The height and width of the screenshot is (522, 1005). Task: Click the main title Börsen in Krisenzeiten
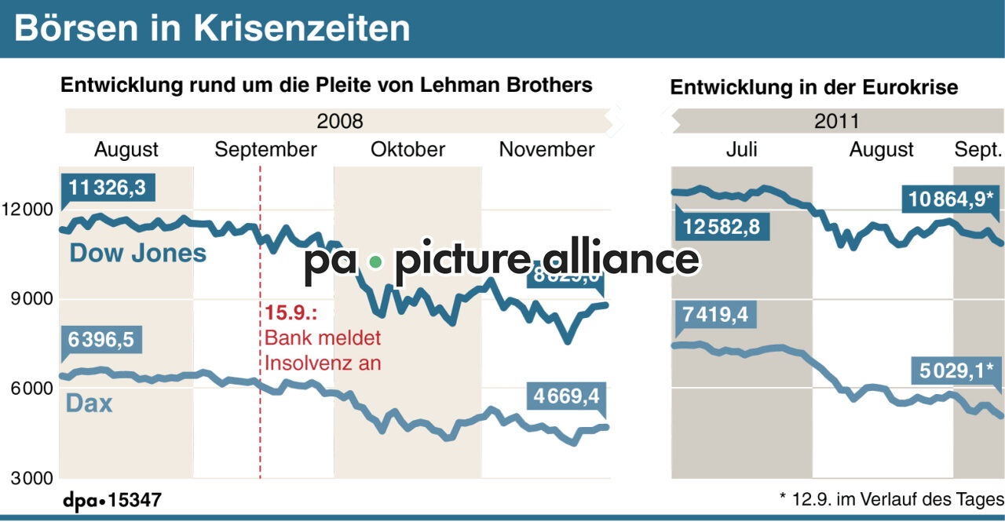click(212, 28)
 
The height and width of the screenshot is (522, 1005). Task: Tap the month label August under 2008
click(126, 149)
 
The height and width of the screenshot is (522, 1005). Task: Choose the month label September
click(265, 149)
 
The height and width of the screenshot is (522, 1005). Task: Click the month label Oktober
click(407, 149)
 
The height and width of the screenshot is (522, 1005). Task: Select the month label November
click(546, 149)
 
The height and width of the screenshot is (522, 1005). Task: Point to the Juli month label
click(741, 149)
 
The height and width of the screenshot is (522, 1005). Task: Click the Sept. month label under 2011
click(978, 149)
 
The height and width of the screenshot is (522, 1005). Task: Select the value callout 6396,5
click(100, 340)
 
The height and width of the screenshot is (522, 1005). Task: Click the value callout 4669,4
click(566, 396)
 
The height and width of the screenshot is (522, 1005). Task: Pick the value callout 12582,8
click(722, 228)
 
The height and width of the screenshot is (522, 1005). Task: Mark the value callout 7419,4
click(715, 316)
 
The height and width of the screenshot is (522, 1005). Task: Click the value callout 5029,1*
click(956, 370)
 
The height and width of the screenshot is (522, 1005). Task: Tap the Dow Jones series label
click(138, 253)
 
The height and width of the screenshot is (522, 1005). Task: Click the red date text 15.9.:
click(290, 313)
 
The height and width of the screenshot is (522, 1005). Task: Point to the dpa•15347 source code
click(112, 500)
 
